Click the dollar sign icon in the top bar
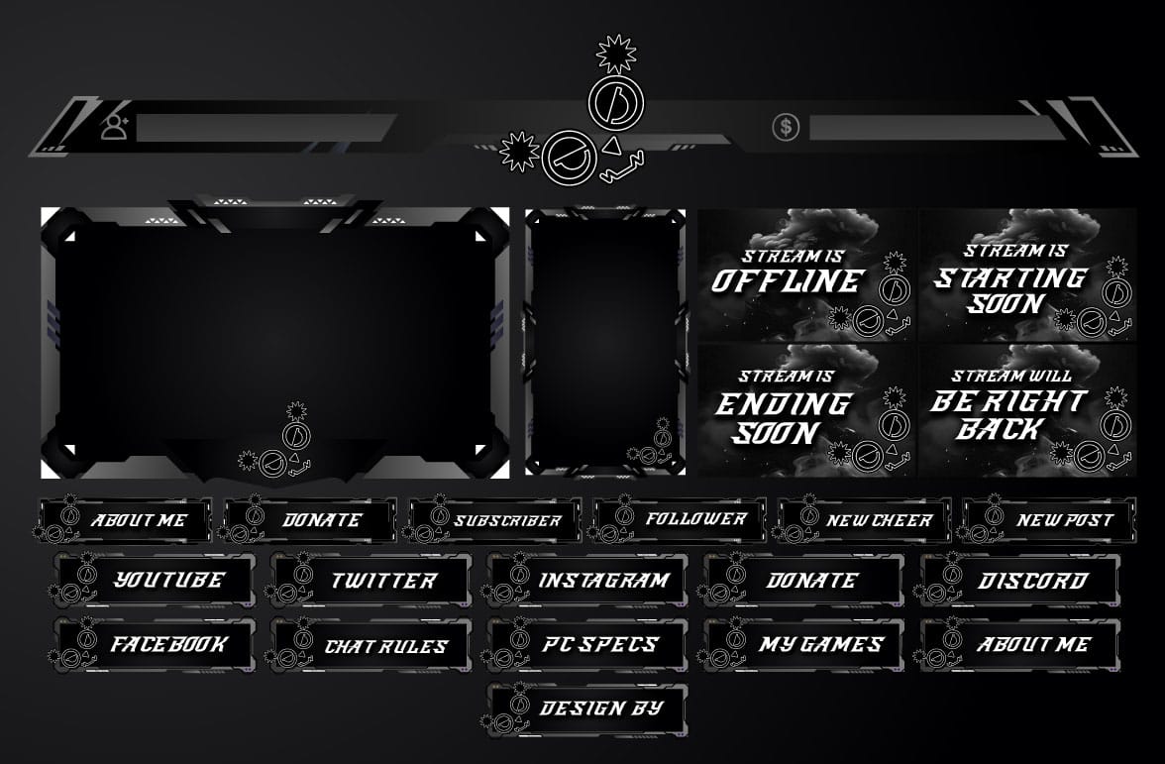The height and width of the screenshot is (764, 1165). point(786,127)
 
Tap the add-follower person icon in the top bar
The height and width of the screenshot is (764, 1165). point(115,127)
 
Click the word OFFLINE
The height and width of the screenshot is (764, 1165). point(788,281)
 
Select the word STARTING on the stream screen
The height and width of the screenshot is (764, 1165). point(1010,277)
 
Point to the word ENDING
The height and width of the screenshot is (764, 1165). point(783,404)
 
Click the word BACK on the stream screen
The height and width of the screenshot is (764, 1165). point(1001,429)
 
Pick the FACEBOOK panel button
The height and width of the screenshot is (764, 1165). point(155,644)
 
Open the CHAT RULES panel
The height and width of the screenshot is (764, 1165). point(371,644)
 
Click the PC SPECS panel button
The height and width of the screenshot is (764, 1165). point(586,644)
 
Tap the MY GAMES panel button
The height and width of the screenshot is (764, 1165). point(804,644)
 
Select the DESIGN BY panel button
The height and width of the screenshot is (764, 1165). point(586,709)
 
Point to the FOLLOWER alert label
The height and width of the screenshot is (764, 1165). point(680,520)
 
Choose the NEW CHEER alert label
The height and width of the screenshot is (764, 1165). point(864,520)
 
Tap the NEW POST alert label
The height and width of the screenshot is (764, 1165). point(1049,520)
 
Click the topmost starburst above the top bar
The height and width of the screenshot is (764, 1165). point(616,55)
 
